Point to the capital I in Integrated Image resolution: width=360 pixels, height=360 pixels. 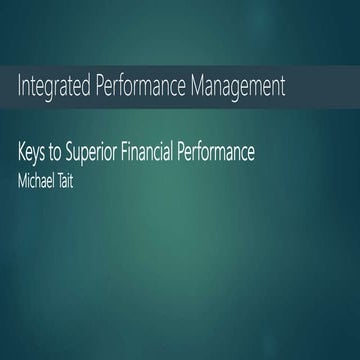(x=20, y=86)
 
